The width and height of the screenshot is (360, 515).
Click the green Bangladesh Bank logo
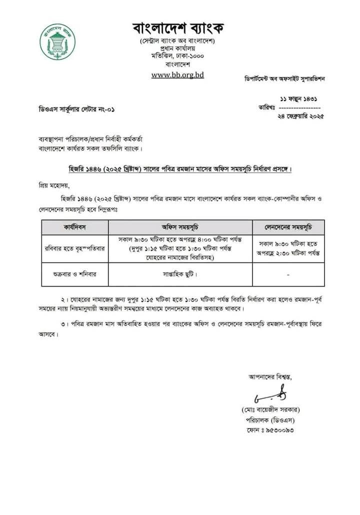57,42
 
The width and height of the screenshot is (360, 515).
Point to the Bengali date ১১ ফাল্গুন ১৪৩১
298,99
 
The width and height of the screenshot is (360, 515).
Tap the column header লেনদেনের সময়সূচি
288,227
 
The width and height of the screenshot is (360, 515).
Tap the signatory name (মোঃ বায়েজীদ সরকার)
269,410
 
